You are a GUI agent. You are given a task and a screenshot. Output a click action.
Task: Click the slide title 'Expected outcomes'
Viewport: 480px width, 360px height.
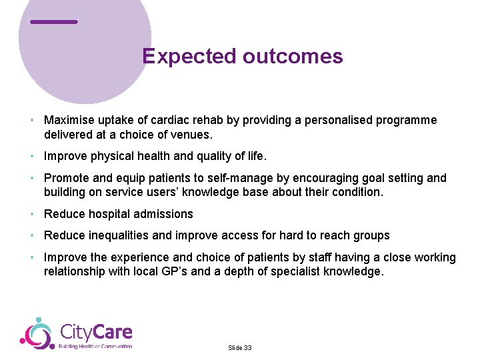(x=243, y=56)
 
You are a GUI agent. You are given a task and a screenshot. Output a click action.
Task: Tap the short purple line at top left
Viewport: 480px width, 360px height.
(x=54, y=22)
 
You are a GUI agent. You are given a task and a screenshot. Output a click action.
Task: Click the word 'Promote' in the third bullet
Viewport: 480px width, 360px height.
(x=66, y=178)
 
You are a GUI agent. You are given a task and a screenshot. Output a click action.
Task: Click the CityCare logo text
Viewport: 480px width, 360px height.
(x=96, y=331)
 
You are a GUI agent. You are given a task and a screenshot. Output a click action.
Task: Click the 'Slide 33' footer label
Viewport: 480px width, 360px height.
(x=240, y=348)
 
